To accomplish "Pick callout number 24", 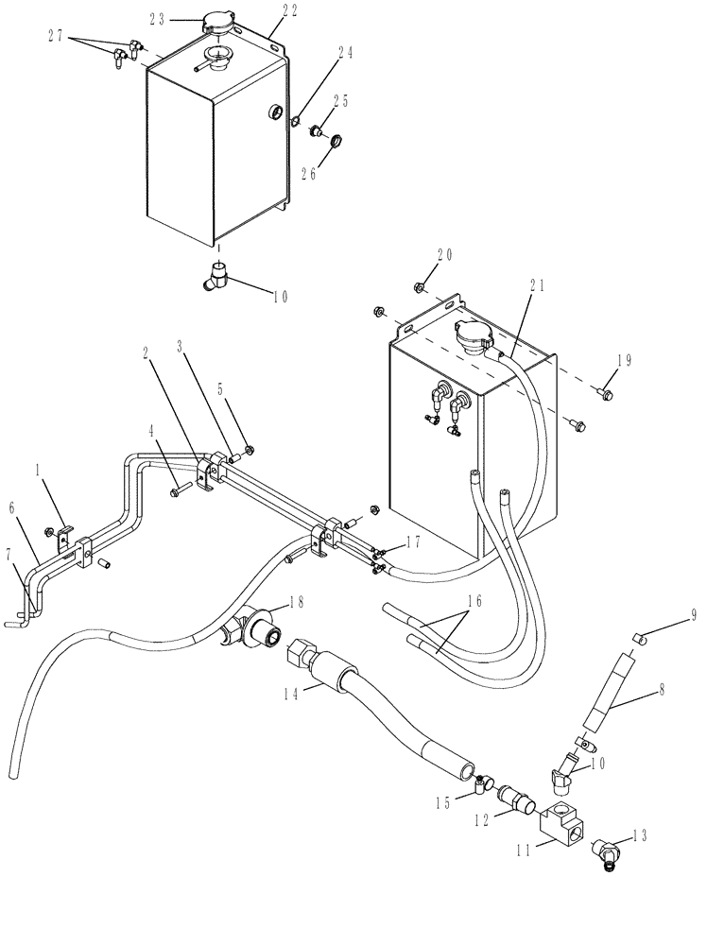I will point(348,54).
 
